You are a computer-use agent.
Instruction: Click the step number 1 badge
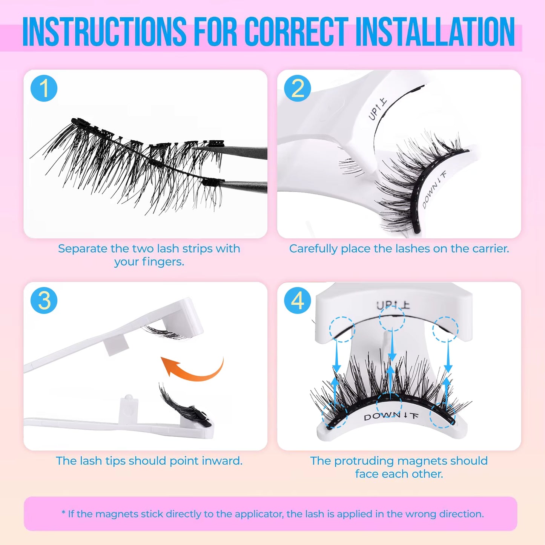click(x=44, y=89)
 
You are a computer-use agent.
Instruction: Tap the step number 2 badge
click(x=298, y=89)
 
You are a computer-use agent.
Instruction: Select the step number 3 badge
click(x=44, y=301)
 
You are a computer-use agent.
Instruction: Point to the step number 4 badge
click(x=298, y=301)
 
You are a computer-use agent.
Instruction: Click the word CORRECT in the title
click(x=296, y=32)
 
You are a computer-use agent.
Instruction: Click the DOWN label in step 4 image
click(x=382, y=416)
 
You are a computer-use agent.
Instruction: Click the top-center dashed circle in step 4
click(x=392, y=319)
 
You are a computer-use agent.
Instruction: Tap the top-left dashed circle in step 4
click(x=342, y=329)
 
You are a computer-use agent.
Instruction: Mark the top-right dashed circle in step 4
click(x=445, y=329)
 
